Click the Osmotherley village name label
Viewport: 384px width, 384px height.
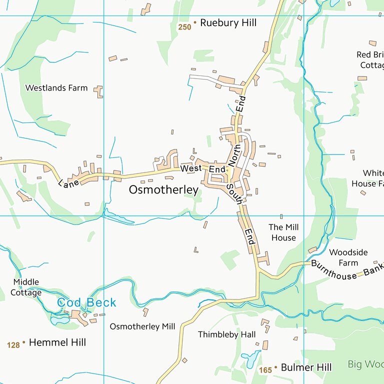[x=163, y=190]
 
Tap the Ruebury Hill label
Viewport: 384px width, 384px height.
[x=228, y=23]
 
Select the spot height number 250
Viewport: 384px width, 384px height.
[x=184, y=27]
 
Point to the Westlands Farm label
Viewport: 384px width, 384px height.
[x=56, y=88]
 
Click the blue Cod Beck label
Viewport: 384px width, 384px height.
[x=86, y=302]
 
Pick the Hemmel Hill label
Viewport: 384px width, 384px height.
[x=57, y=342]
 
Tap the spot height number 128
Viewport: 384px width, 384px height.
[x=13, y=345]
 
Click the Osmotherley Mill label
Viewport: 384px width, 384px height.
[x=142, y=326]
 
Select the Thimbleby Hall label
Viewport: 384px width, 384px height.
[x=226, y=334]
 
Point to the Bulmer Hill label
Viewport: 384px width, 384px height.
[x=306, y=367]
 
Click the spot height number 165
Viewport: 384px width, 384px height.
[x=265, y=370]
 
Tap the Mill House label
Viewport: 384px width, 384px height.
[x=283, y=232]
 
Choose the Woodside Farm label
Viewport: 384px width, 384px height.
[x=348, y=257]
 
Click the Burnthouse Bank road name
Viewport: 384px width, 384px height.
[x=346, y=270]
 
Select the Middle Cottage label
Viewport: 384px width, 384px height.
[x=26, y=287]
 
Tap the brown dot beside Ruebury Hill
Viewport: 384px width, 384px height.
[x=195, y=23]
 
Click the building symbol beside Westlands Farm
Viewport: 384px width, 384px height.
[x=99, y=91]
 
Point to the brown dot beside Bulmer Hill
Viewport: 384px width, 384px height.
[x=275, y=367]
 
